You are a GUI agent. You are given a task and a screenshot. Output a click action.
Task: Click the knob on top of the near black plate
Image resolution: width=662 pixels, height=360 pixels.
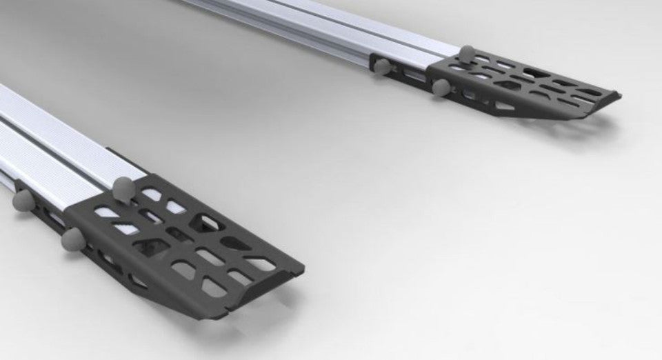(123, 187)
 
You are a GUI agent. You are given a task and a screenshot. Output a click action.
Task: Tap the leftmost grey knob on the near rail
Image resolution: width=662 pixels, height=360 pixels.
(23, 200)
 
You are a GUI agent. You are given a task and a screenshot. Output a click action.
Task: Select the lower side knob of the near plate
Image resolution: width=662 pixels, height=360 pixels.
(72, 239)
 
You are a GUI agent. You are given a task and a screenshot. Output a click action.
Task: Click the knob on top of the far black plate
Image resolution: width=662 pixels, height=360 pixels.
(468, 54)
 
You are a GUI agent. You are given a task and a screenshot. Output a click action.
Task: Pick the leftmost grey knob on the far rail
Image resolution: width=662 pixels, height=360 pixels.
(381, 67)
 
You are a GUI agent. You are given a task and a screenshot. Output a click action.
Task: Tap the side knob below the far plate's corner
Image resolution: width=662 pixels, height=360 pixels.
(441, 86)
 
